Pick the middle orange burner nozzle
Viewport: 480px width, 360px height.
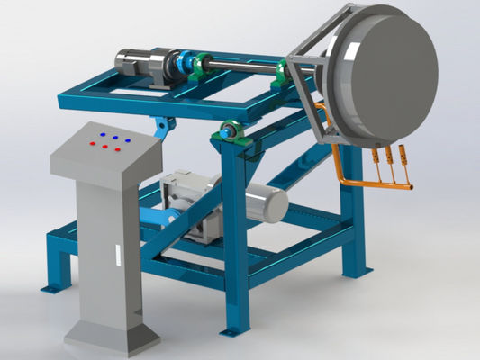(x=389, y=160)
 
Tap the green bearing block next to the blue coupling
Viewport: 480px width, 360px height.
(x=202, y=65)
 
